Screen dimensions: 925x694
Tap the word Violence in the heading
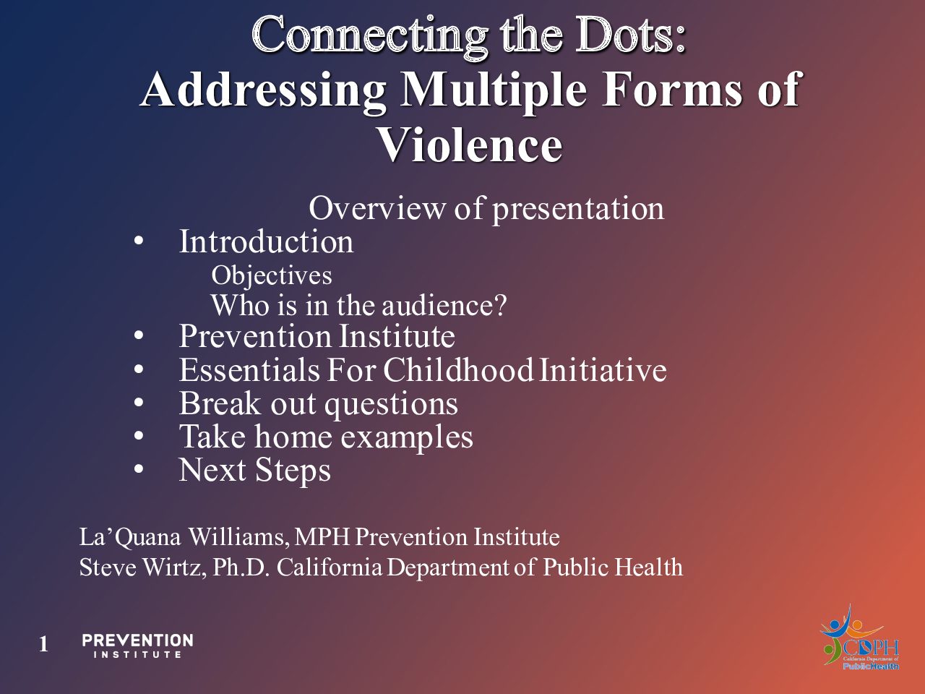point(470,145)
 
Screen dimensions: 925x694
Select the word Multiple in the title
point(494,90)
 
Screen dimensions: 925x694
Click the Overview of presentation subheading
point(486,209)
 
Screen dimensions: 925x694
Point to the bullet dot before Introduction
point(139,242)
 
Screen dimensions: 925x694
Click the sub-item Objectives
point(272,276)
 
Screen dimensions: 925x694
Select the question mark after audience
point(500,305)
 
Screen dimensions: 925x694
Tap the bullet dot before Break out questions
point(139,403)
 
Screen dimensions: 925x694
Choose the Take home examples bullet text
point(326,437)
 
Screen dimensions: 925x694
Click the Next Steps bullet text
point(254,470)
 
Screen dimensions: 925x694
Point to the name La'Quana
point(130,538)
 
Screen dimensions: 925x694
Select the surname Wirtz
point(173,567)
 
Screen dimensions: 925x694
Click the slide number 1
point(43,644)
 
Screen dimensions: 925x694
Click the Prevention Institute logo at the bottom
point(137,645)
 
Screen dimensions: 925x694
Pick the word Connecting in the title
point(370,37)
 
